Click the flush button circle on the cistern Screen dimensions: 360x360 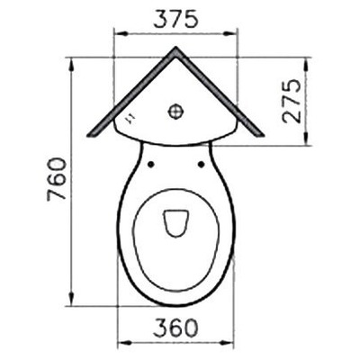(x=177, y=112)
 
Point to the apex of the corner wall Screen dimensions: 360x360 (x=177, y=48)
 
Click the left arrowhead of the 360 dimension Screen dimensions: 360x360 (x=121, y=342)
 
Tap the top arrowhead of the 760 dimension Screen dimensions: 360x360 (x=72, y=59)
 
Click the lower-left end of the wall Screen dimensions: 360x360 (x=92, y=138)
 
